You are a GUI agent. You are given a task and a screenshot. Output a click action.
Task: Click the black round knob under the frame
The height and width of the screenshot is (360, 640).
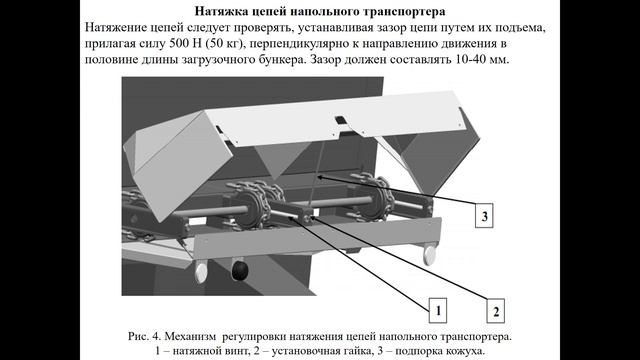pos(239,271)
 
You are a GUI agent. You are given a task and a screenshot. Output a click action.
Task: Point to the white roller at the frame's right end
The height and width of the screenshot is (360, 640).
pos(430,255)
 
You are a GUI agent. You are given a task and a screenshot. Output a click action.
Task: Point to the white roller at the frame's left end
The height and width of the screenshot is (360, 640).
pos(201,271)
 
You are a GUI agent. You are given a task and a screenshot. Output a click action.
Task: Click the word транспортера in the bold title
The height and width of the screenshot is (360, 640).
pos(403,12)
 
